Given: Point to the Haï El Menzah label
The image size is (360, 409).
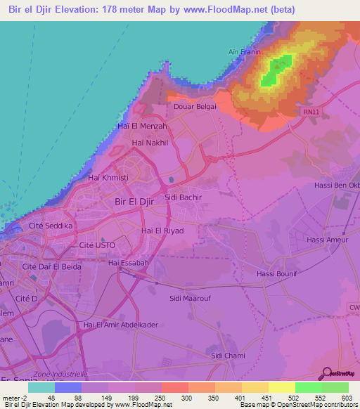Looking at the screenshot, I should point(143,126).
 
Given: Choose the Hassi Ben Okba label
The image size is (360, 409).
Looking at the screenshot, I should point(336,186).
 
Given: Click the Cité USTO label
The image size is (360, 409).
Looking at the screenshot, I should point(97,245).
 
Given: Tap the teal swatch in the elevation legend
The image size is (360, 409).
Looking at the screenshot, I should point(41,387).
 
